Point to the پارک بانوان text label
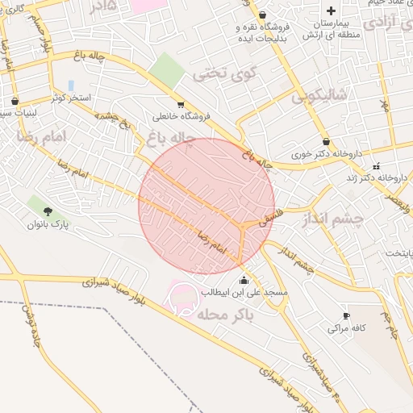(x=50, y=223)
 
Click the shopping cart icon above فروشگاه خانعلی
(x=179, y=104)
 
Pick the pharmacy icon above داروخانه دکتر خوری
(x=325, y=142)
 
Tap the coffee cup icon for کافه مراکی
(x=346, y=315)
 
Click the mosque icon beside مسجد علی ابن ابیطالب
(x=244, y=279)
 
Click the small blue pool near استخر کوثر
(x=71, y=85)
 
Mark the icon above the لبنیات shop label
(x=15, y=102)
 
